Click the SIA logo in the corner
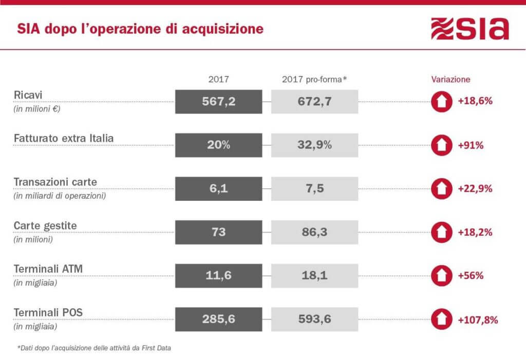click(x=469, y=29)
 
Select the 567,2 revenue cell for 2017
click(x=218, y=101)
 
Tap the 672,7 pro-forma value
click(x=314, y=101)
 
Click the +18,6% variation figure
click(x=475, y=101)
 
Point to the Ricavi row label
click(x=29, y=96)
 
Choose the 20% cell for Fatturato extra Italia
click(x=218, y=145)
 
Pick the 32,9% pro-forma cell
click(x=314, y=145)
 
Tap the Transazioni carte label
click(x=55, y=182)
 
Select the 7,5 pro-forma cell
click(x=314, y=188)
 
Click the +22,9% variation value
click(x=475, y=188)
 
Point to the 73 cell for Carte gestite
click(x=218, y=232)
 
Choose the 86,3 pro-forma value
click(x=314, y=232)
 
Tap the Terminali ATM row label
click(x=48, y=270)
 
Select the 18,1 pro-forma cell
click(x=314, y=276)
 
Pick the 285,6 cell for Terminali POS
click(x=218, y=319)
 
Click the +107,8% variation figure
click(x=478, y=319)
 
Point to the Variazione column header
click(x=450, y=80)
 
